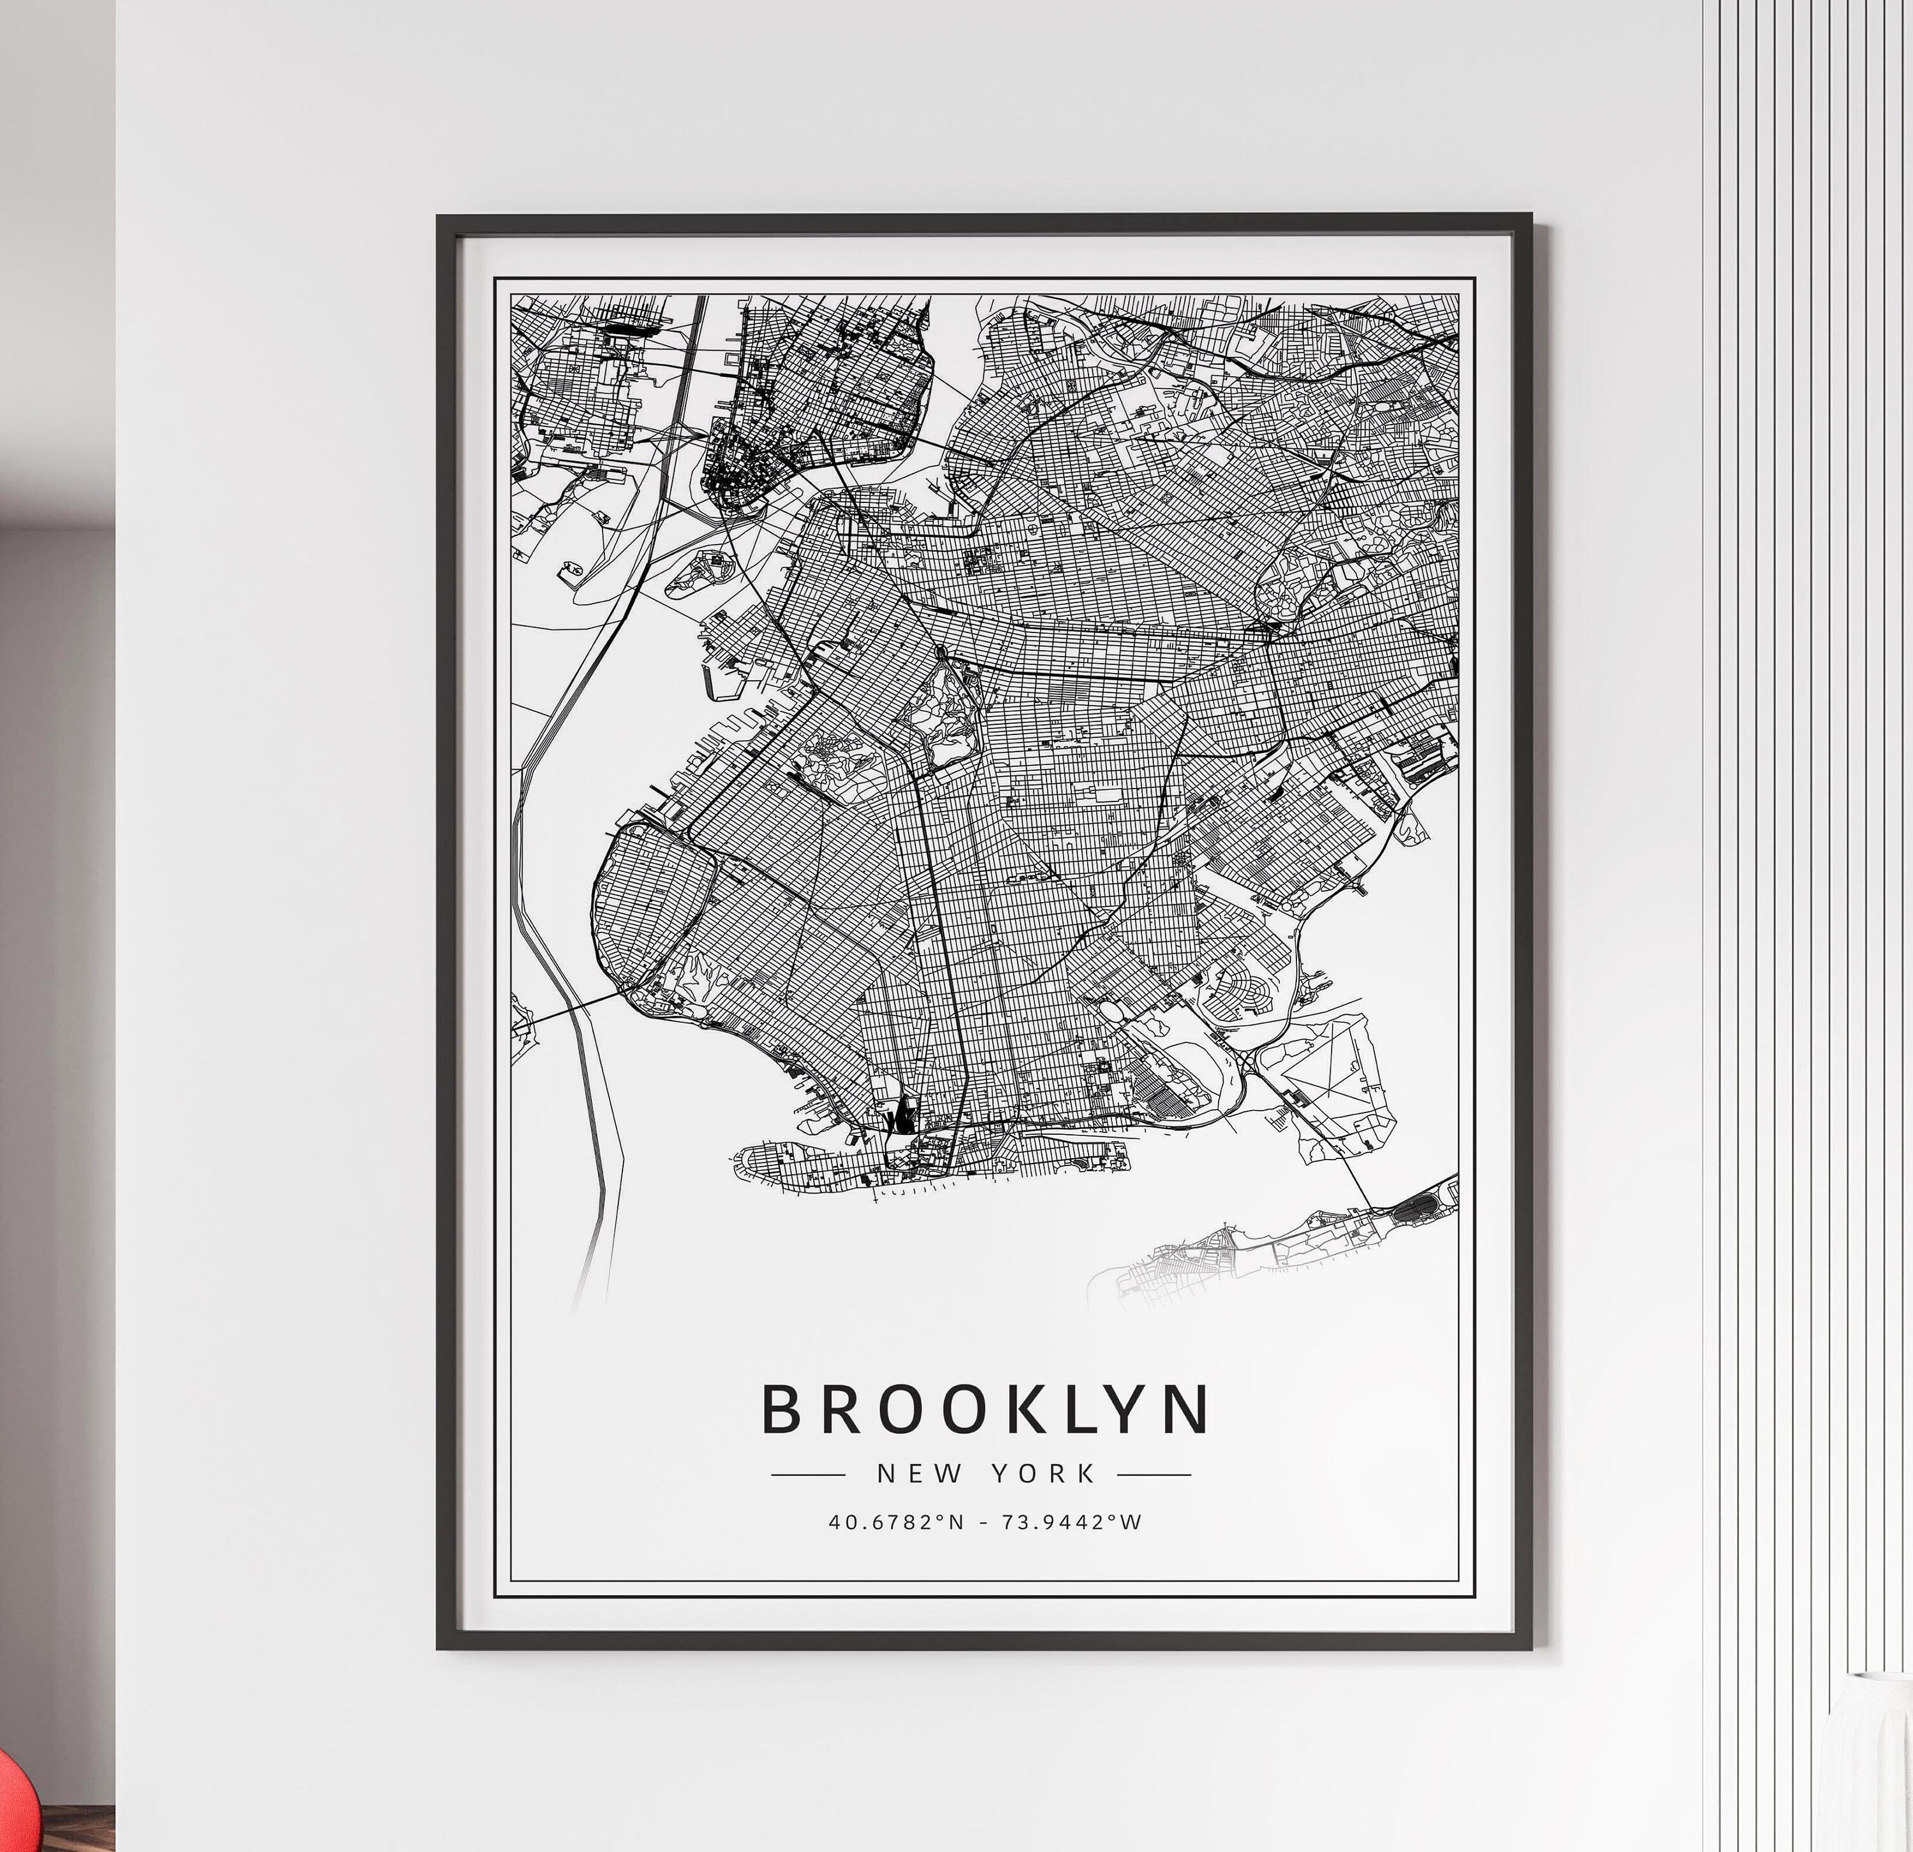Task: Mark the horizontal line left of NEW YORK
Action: coord(808,1475)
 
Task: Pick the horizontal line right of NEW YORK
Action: coord(1154,1475)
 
